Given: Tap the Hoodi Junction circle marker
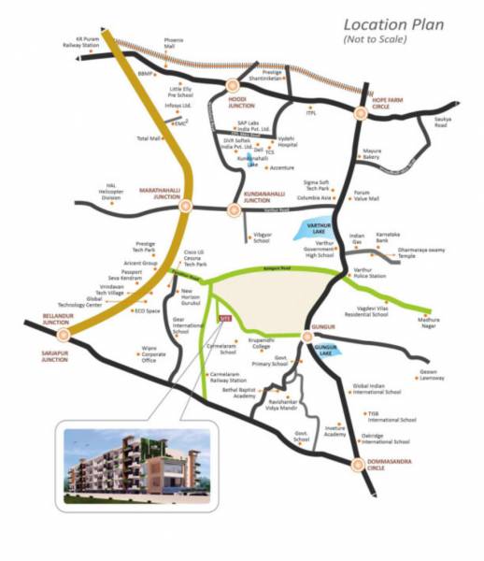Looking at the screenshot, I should [x=233, y=85].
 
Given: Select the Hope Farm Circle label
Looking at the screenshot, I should [x=378, y=127].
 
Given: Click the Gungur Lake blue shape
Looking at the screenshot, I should [x=325, y=352].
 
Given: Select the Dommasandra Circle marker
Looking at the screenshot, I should [x=358, y=462].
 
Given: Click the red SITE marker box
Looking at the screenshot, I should [x=222, y=320].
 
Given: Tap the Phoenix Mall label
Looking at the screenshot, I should [x=175, y=43].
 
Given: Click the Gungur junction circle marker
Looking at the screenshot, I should [x=307, y=335].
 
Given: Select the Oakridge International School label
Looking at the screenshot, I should [x=389, y=439].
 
